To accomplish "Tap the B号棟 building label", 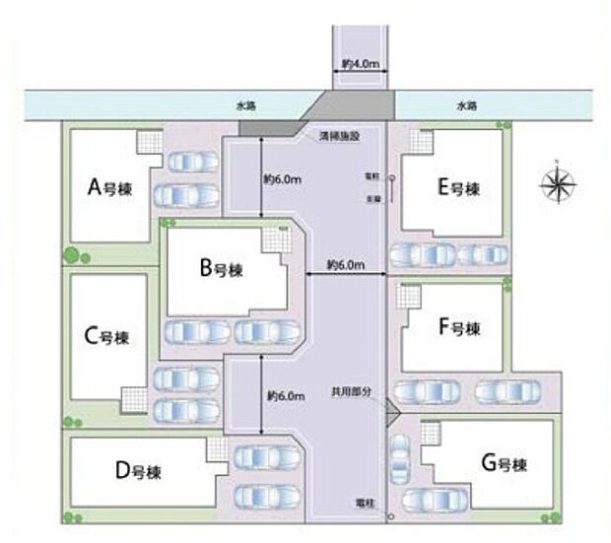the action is tap(221, 267).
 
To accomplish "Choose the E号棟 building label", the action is tap(458, 186).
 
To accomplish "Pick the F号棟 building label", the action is tap(458, 327).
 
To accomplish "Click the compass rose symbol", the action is tap(558, 182).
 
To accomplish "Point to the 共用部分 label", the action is tap(353, 391).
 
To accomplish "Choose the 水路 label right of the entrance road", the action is tap(466, 102).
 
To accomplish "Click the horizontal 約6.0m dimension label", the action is tap(347, 265).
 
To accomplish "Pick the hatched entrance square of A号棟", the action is tap(150, 142).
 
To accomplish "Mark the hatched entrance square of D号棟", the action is tap(215, 449).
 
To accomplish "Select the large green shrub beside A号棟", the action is tap(71, 255).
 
